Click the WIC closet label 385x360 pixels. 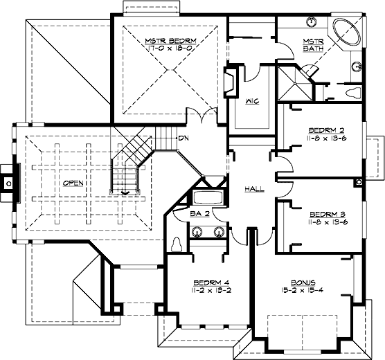point(253,101)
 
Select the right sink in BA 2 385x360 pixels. point(219,231)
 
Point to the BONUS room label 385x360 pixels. point(303,283)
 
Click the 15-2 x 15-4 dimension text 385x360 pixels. point(303,291)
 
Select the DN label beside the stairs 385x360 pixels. point(183,138)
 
